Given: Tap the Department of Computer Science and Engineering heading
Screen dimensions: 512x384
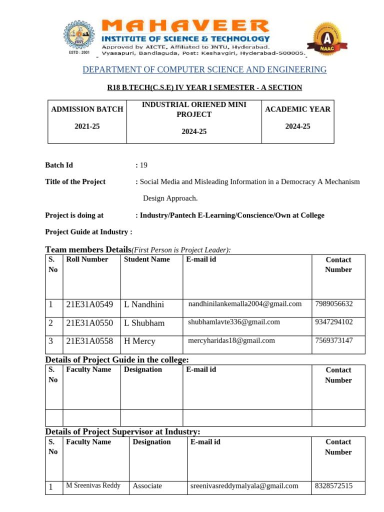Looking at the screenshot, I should pos(204,69).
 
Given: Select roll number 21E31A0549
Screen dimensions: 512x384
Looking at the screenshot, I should pos(89,304).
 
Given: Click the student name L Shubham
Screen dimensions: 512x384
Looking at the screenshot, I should pos(144,323).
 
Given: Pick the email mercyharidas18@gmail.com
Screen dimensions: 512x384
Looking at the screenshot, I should pos(231,340).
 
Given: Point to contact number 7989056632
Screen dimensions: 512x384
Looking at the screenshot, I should pos(334,303).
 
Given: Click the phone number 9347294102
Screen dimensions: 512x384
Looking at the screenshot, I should pos(334,322).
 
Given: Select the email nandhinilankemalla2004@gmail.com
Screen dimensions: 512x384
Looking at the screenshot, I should pos(245,303).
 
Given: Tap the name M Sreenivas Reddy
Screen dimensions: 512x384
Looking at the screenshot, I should pos(93,485).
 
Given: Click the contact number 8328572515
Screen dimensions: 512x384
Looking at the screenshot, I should pos(334,485).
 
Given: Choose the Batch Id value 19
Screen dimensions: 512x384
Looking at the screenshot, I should pos(143,165).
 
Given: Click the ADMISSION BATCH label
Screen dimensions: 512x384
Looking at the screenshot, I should pos(87,109).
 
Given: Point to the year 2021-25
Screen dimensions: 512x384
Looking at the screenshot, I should pos(87,126).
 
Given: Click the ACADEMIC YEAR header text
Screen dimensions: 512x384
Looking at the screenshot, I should pos(298,109).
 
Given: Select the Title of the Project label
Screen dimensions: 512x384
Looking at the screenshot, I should pos(75,181).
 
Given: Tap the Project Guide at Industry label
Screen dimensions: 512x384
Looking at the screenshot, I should pos(89,231).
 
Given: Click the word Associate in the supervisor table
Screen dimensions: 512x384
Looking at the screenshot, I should pos(147,485).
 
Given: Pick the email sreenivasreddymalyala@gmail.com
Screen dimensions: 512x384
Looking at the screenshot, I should pos(244,485).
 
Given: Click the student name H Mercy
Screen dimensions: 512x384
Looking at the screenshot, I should pos(139,341).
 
